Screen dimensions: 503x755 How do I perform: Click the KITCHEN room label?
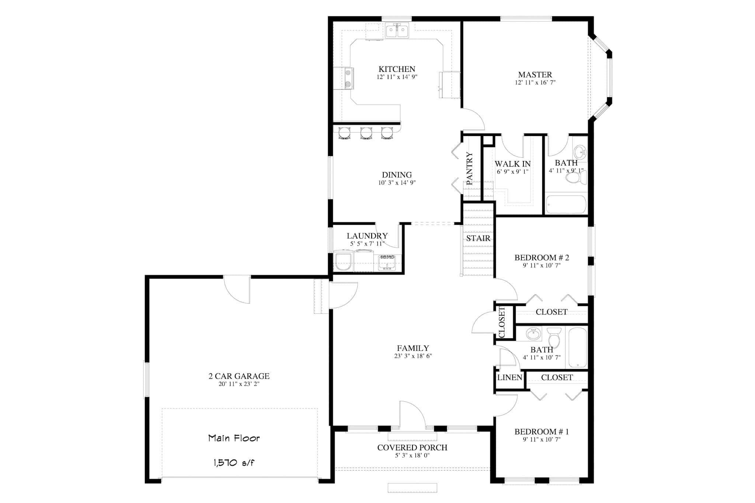pyautogui.click(x=397, y=69)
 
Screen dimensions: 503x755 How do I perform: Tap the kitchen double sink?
pyautogui.click(x=397, y=31)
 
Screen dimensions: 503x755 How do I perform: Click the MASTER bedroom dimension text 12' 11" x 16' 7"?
pyautogui.click(x=535, y=83)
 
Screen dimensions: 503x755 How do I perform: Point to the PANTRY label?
pyautogui.click(x=469, y=168)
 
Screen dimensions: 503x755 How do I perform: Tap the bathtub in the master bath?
pyautogui.click(x=566, y=205)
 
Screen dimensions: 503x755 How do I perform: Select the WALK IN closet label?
pyautogui.click(x=512, y=164)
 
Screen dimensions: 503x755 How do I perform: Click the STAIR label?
pyautogui.click(x=478, y=238)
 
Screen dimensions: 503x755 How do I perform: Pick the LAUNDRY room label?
pyautogui.click(x=367, y=236)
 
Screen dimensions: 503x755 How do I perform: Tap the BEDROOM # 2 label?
pyautogui.click(x=542, y=258)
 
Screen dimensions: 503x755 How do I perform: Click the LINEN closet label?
pyautogui.click(x=509, y=377)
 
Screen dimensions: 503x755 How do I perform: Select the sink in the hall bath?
pyautogui.click(x=533, y=334)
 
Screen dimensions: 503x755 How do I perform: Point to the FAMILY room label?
pyautogui.click(x=413, y=348)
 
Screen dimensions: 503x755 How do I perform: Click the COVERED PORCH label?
pyautogui.click(x=412, y=448)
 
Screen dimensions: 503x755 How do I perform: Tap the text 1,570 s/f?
pyautogui.click(x=234, y=463)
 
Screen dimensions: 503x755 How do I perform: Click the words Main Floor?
pyautogui.click(x=234, y=438)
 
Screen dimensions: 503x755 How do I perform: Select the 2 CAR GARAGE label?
pyautogui.click(x=239, y=376)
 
